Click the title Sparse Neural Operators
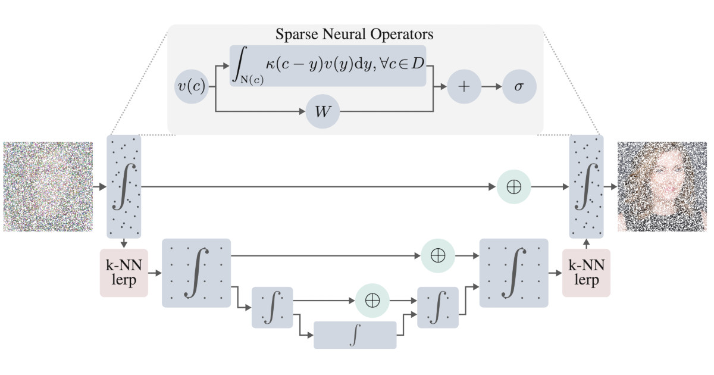354,35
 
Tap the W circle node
322,111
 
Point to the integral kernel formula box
328,66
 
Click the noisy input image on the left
48,186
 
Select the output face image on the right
662,186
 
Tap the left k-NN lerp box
124,273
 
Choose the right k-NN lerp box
586,273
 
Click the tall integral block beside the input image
123,186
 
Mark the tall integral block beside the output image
586,186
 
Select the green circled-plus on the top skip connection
513,186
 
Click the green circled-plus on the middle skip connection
437,255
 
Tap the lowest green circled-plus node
372,300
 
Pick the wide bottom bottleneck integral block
355,335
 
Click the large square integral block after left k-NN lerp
196,273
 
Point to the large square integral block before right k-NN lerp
513,273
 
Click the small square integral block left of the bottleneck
273,307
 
